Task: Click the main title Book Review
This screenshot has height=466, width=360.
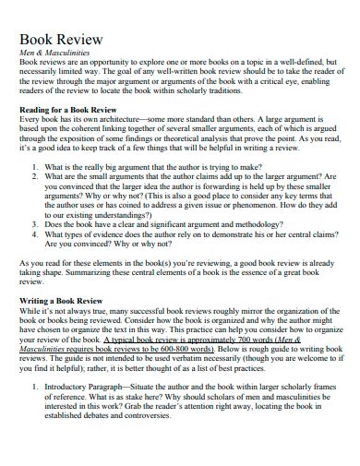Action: pyautogui.click(x=61, y=40)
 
